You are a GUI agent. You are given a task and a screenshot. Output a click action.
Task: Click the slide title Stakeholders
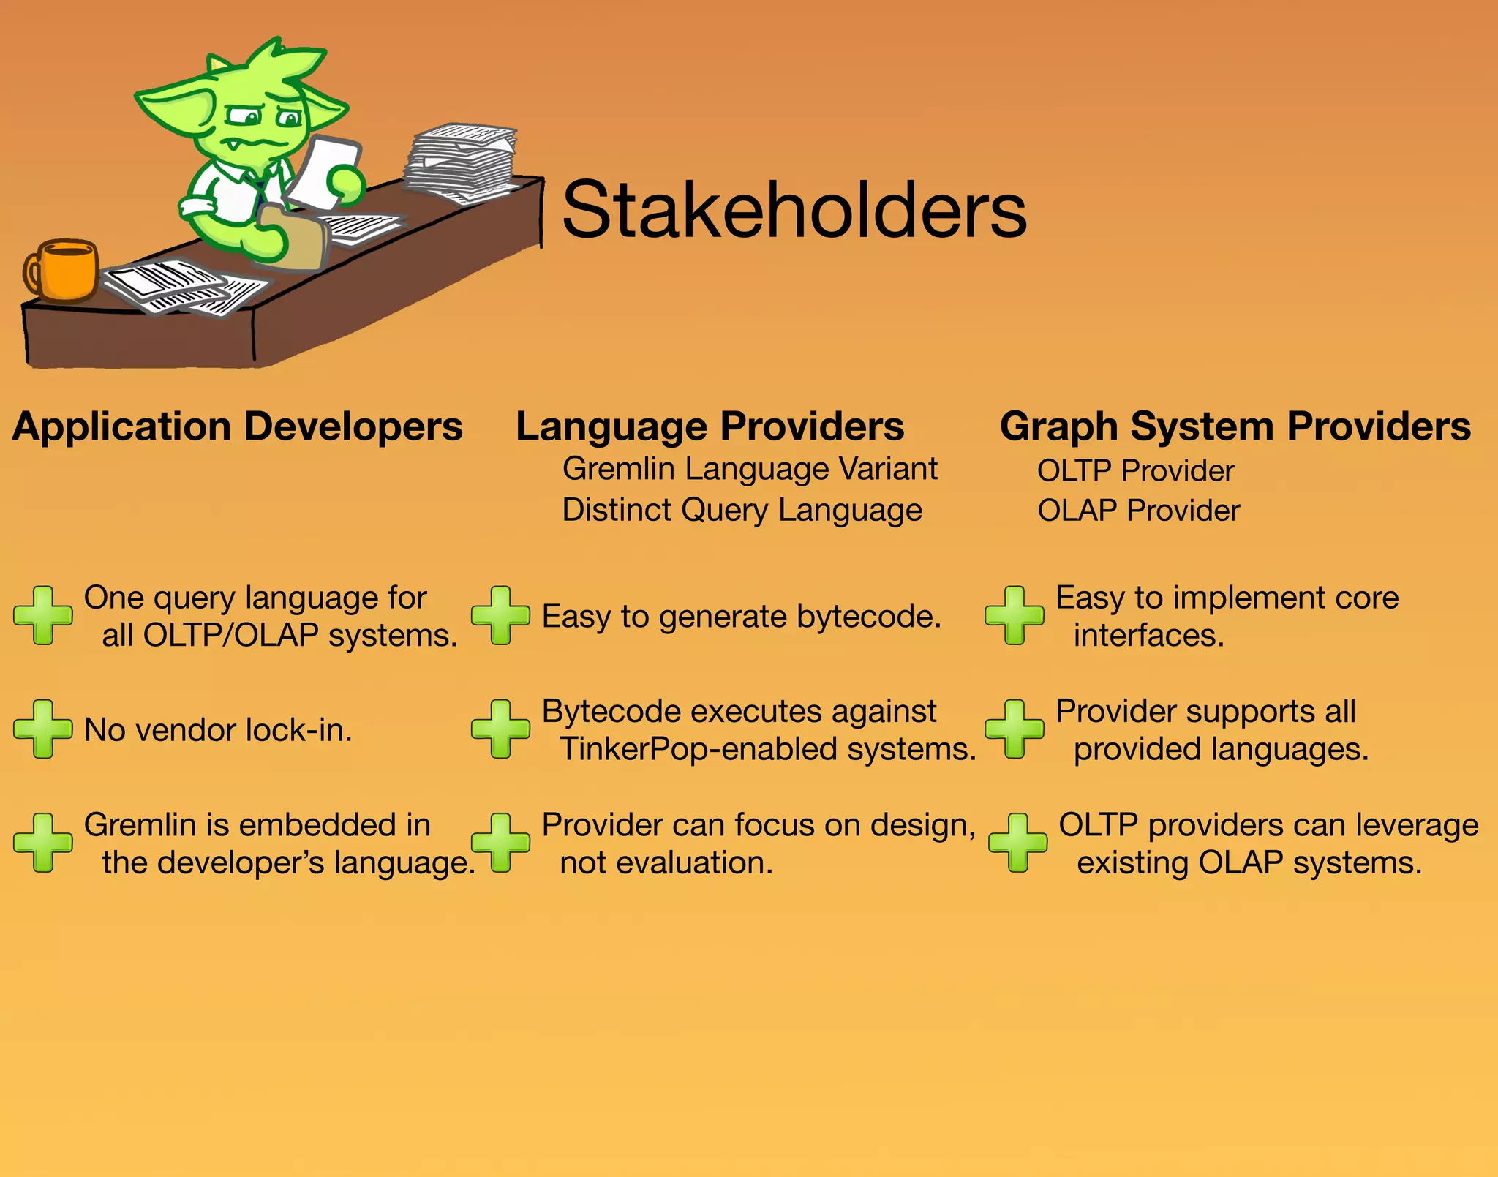point(794,211)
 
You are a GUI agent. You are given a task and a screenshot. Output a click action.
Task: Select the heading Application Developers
point(238,426)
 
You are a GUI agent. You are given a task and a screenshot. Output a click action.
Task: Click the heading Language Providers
point(710,426)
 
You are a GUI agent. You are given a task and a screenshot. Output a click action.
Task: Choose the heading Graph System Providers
point(1235,426)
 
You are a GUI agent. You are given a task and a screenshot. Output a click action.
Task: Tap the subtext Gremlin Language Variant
point(749,469)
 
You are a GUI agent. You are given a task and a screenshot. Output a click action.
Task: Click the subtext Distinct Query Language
point(742,510)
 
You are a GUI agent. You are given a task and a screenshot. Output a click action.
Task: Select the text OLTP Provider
point(1135,471)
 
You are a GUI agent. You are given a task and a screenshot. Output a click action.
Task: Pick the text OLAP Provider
point(1138,511)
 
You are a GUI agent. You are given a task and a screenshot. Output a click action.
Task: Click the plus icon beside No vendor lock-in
point(43,729)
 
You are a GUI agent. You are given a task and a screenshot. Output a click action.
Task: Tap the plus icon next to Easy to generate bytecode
point(500,615)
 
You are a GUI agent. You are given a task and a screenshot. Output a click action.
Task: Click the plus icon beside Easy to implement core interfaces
point(1014,615)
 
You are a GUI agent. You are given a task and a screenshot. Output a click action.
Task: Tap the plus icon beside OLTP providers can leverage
point(1017,843)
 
